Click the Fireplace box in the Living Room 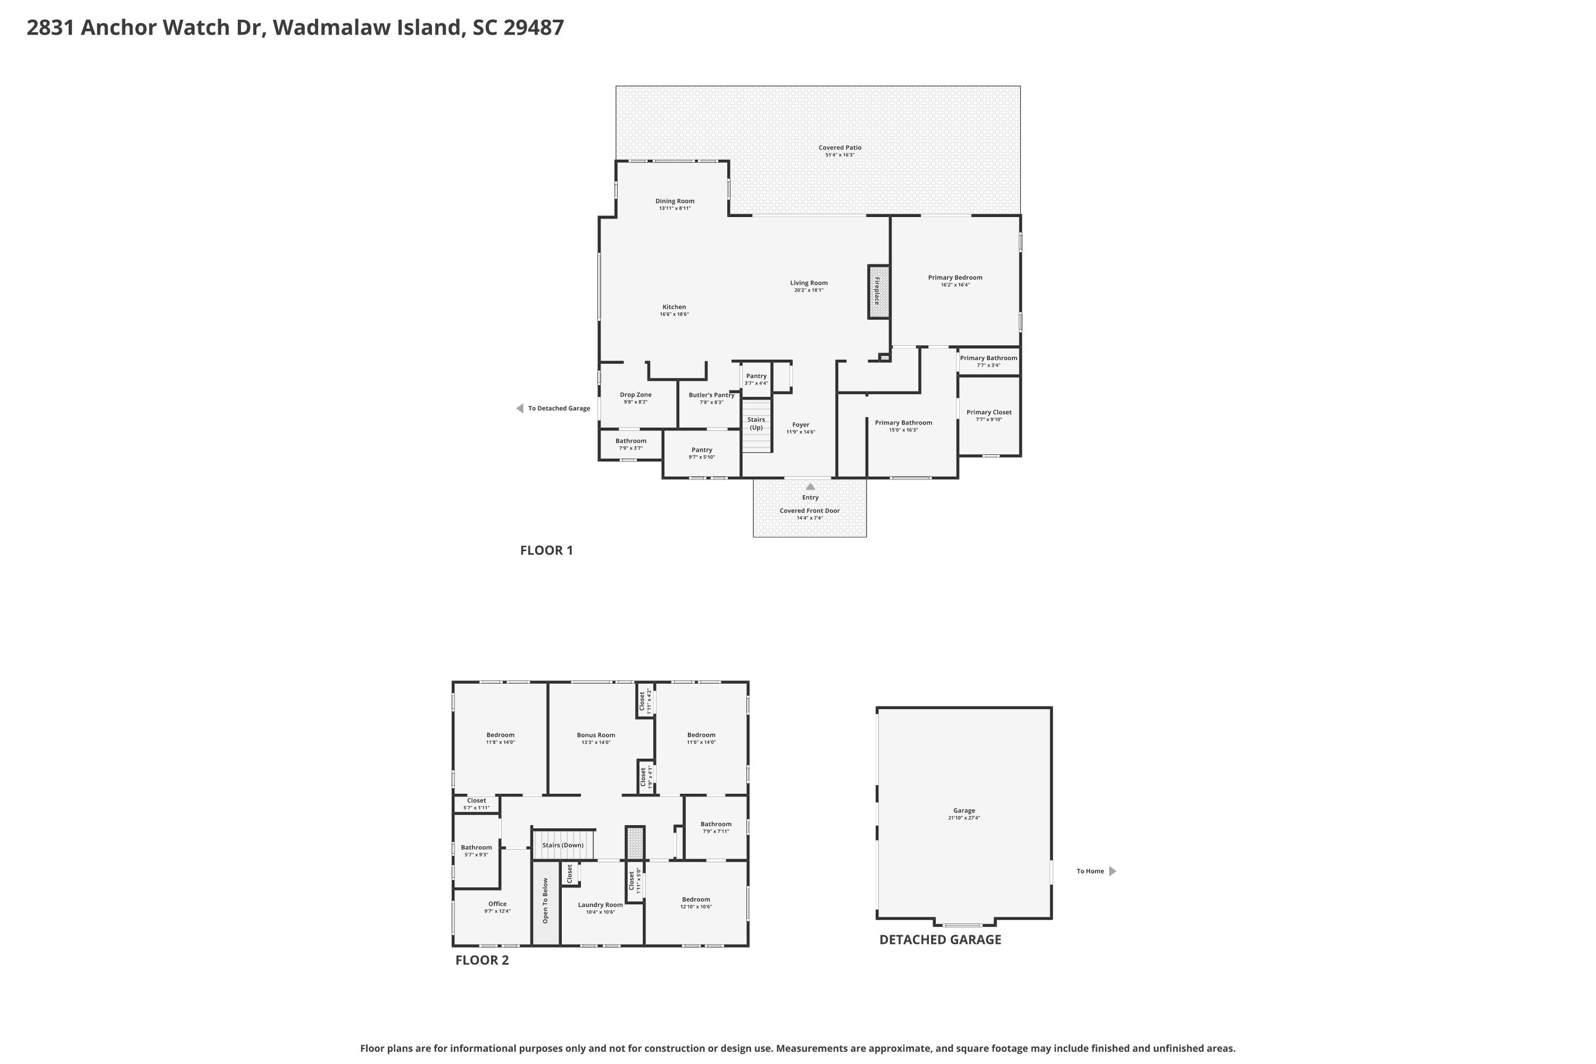tap(879, 291)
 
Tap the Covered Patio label tap(840, 147)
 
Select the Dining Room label tap(675, 201)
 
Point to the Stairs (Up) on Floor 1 tap(757, 426)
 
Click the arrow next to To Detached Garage tap(520, 409)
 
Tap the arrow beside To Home tap(1112, 871)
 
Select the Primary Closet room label tap(988, 412)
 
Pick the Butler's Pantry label tap(711, 395)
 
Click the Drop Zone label tap(636, 394)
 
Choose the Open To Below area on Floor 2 tap(546, 902)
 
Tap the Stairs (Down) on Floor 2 tap(563, 845)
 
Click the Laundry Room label tap(601, 904)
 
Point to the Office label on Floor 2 tap(497, 904)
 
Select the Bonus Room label tap(596, 735)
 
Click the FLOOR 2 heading tap(482, 960)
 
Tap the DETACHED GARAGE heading tap(941, 940)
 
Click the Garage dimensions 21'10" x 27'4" tap(964, 818)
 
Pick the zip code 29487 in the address tap(534, 27)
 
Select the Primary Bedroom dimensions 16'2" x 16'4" tap(955, 285)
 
